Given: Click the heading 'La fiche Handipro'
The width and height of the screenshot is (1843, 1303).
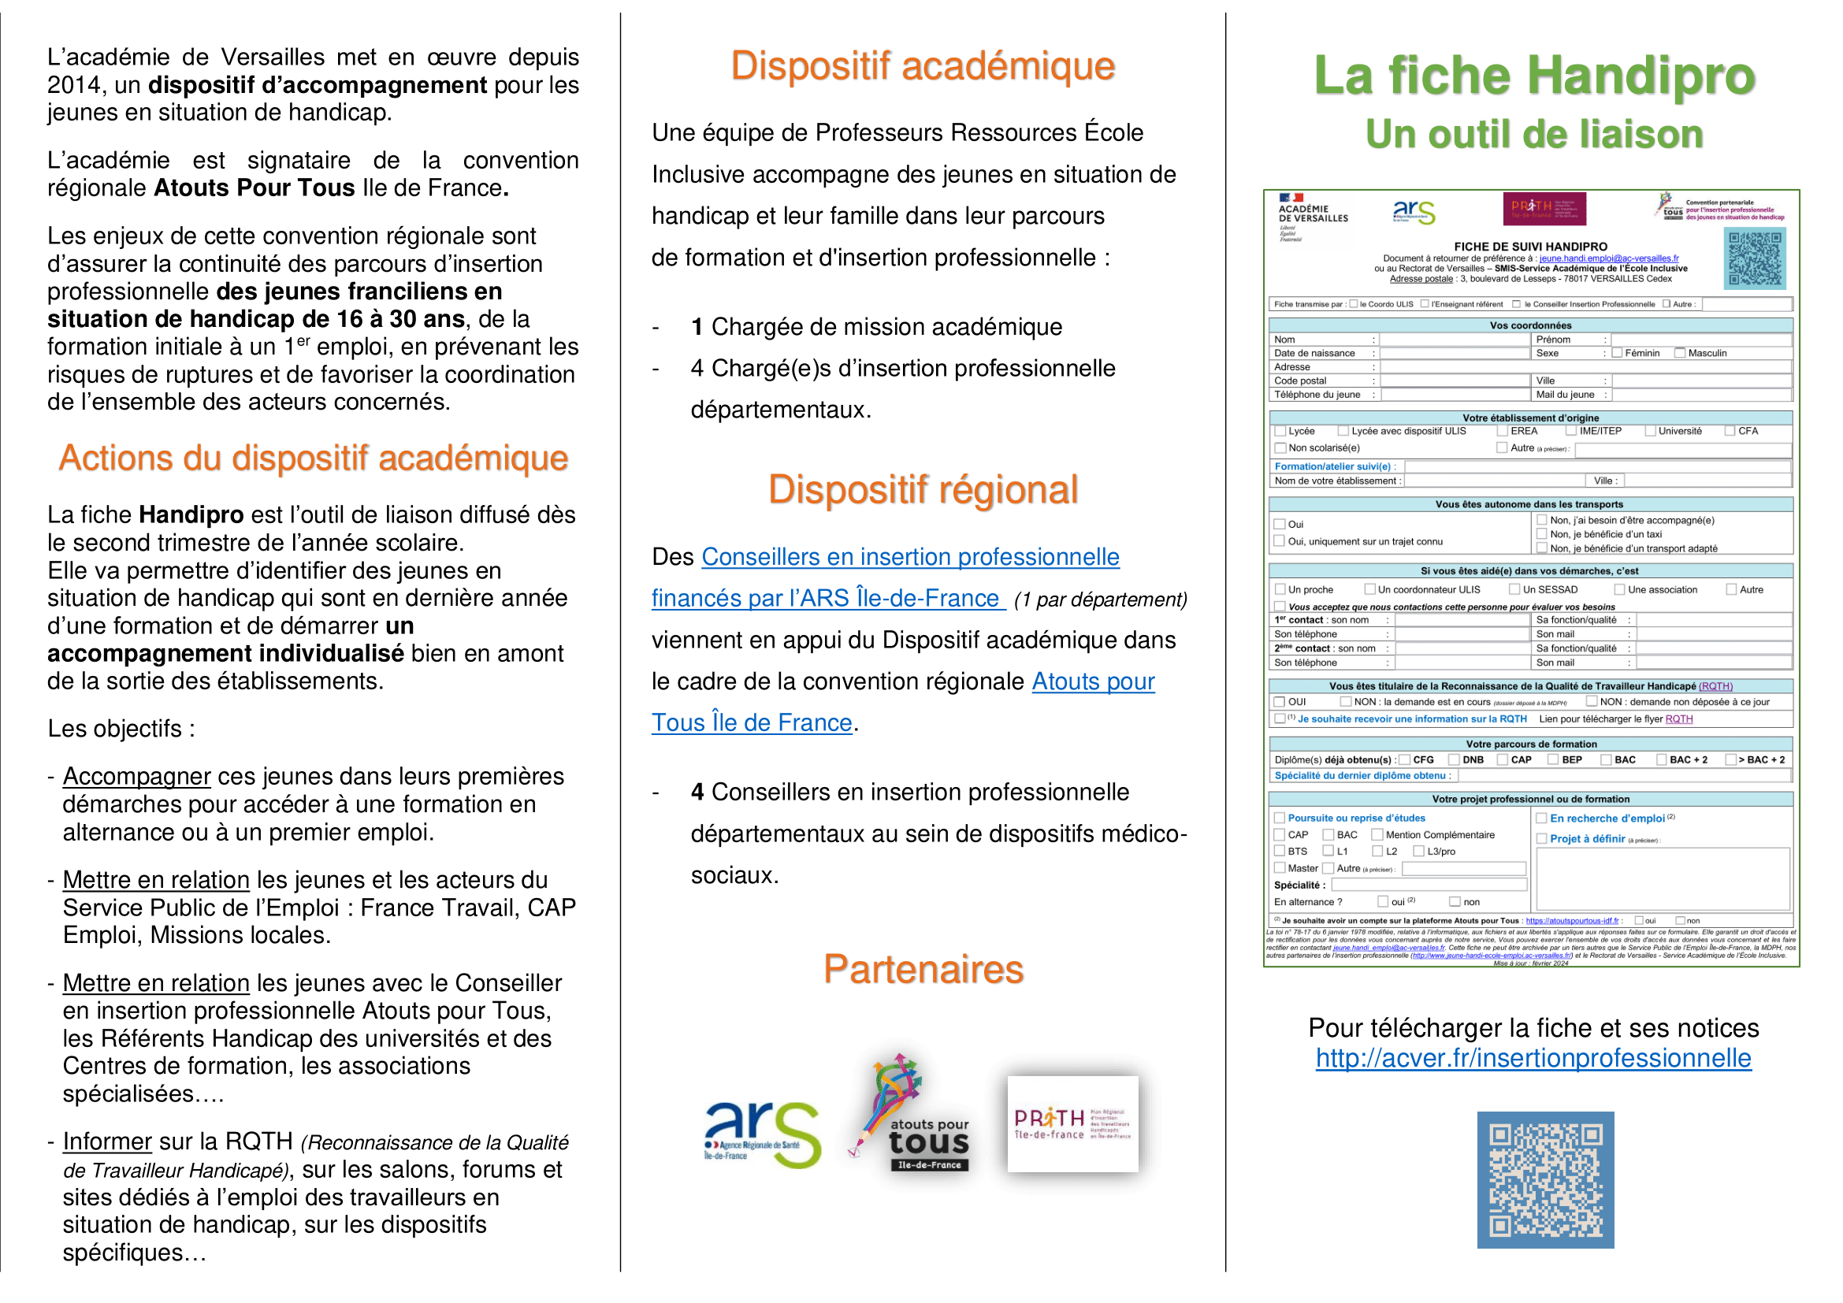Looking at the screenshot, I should pos(1534,76).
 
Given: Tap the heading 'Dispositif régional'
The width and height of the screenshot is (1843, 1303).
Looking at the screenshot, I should pos(923,489).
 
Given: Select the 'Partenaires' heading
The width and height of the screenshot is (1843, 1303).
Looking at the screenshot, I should pos(923,969).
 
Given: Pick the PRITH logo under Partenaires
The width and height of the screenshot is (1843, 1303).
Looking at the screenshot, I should pos(1072,1123).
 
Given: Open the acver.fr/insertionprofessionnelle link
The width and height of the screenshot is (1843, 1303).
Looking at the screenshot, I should pos(1533,1058).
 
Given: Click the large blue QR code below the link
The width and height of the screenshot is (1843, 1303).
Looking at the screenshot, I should pos(1545,1179).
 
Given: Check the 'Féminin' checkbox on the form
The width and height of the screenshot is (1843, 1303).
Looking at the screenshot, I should pos(1618,353).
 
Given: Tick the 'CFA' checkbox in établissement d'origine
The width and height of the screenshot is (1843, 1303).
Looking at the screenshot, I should pos(1730,431).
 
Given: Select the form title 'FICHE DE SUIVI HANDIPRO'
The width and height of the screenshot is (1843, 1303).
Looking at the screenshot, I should pos(1530,247).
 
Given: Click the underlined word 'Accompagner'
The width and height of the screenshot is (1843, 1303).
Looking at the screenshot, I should pos(136,777).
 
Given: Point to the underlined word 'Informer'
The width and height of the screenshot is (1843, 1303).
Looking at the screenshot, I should pos(106,1142).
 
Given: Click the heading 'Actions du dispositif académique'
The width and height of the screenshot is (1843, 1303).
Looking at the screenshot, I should pos(313,458).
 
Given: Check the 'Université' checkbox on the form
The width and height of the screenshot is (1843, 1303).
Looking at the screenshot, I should pos(1651,431).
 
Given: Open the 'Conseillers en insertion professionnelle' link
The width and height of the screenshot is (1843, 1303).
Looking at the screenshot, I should pos(910,557).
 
